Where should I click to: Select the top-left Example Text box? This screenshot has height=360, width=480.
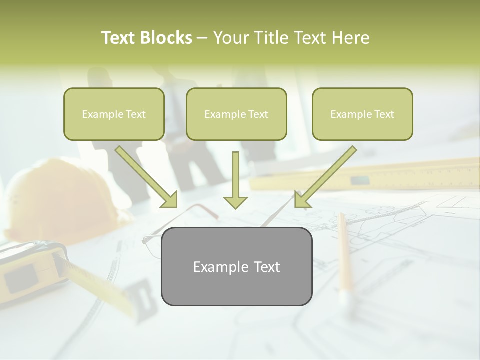pos(114,114)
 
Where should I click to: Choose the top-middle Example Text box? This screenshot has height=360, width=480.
pos(236,114)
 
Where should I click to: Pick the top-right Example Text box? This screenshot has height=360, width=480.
pos(362,114)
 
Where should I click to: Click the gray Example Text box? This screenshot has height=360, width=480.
pos(236,266)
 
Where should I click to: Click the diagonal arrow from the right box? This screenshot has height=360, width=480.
pos(325,177)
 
